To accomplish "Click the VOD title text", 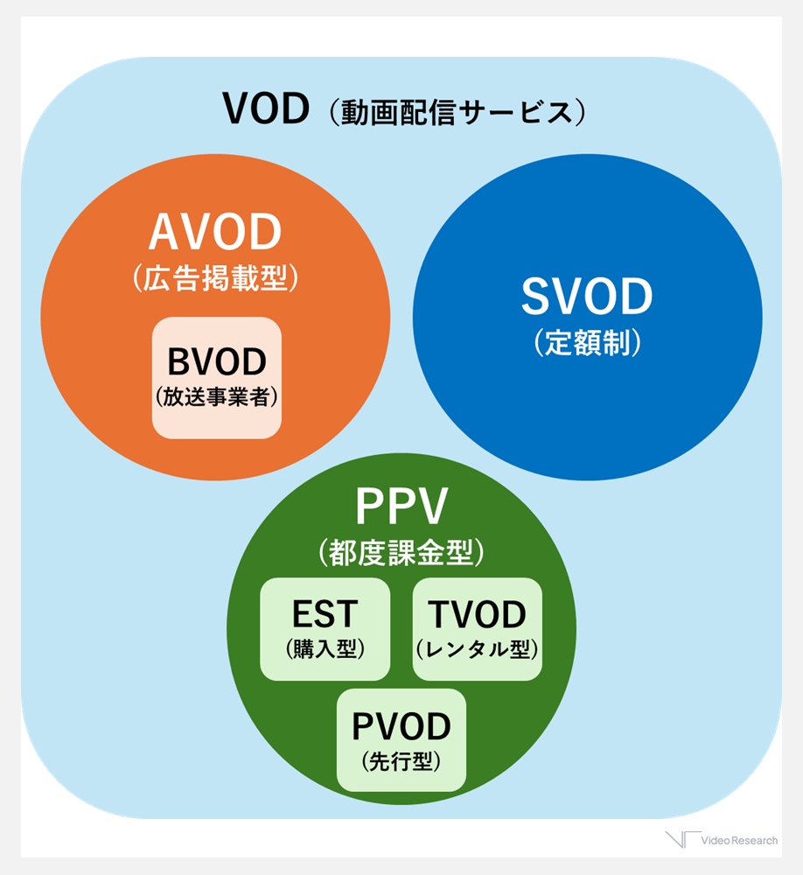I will [x=266, y=109].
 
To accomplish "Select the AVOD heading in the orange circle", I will [x=215, y=233].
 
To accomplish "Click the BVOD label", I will [x=217, y=361].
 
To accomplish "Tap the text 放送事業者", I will [x=217, y=396].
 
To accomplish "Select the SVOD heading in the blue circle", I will [x=587, y=297].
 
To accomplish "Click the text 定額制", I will [x=588, y=343].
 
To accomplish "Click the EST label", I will [x=325, y=613].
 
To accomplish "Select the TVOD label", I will [x=478, y=615].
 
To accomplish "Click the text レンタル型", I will [x=478, y=649].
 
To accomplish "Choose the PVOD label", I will [x=401, y=726].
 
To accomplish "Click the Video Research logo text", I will [x=739, y=841].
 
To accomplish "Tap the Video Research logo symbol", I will [x=681, y=840].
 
